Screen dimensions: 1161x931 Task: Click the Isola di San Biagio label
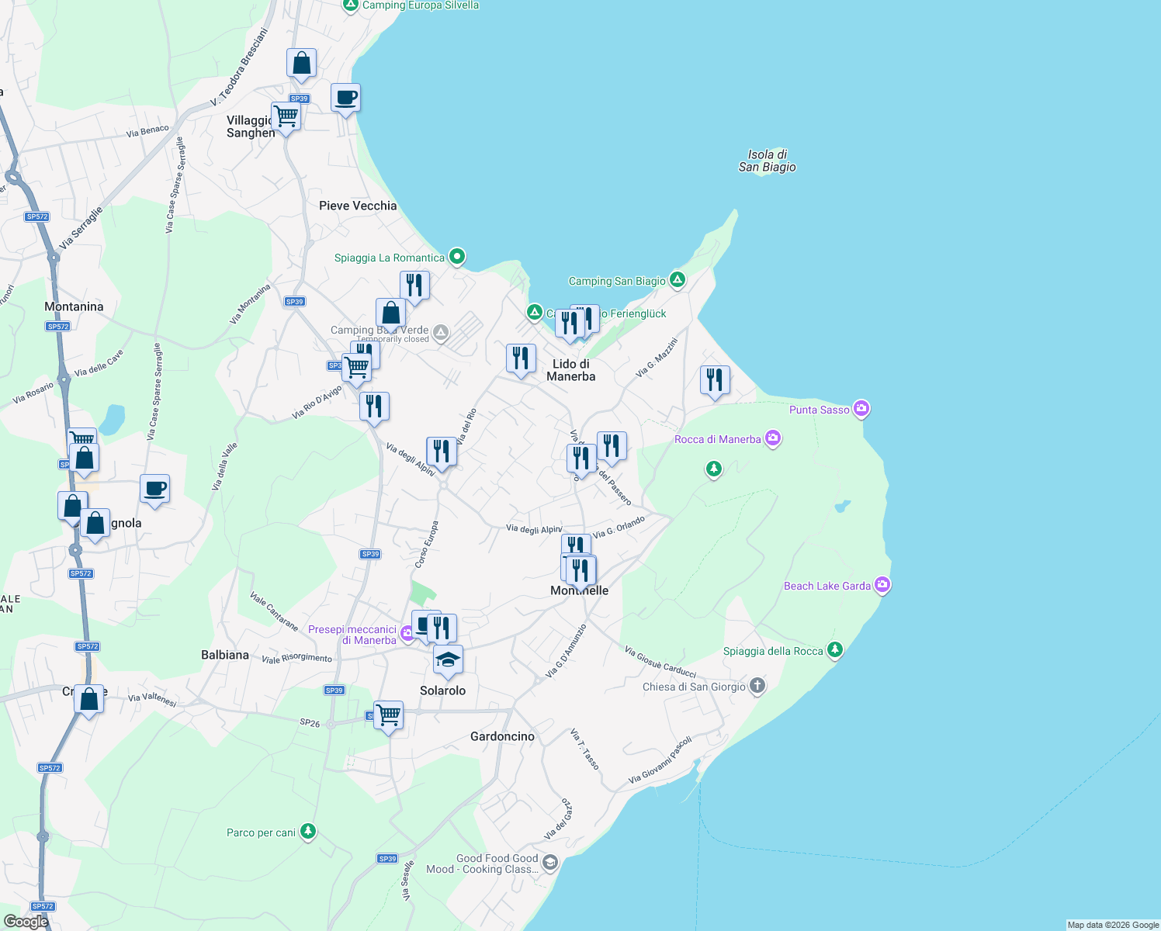tap(767, 161)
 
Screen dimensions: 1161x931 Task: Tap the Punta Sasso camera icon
tap(861, 408)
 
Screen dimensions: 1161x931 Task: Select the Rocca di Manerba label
tap(718, 439)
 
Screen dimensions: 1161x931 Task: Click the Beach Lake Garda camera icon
tap(882, 585)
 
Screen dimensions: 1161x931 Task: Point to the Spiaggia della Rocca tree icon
tap(835, 650)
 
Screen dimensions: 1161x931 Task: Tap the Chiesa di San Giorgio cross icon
tap(757, 686)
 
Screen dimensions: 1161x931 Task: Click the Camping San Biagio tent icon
tap(678, 280)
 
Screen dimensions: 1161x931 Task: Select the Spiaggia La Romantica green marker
tap(457, 257)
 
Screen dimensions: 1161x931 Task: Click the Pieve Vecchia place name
tap(358, 206)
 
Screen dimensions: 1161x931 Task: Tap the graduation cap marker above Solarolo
tap(448, 660)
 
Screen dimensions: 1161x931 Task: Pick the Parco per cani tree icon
tap(308, 832)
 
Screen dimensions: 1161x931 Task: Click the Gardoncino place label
tap(502, 736)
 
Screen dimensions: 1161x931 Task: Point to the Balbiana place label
tap(225, 655)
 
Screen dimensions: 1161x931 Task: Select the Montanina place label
tap(74, 306)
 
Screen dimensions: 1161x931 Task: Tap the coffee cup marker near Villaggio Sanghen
tap(345, 99)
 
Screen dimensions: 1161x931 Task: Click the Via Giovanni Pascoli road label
tap(660, 760)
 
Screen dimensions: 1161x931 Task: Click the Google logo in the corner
tap(26, 921)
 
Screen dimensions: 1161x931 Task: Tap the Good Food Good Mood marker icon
tap(549, 863)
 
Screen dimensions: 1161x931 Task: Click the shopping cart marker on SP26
tap(388, 715)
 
